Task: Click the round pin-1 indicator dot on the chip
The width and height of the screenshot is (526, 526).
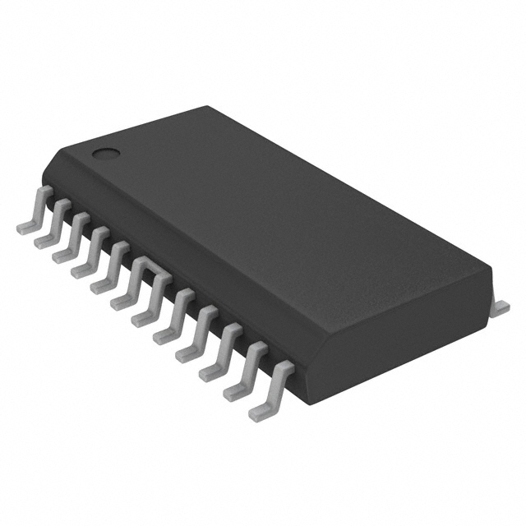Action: (104, 151)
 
